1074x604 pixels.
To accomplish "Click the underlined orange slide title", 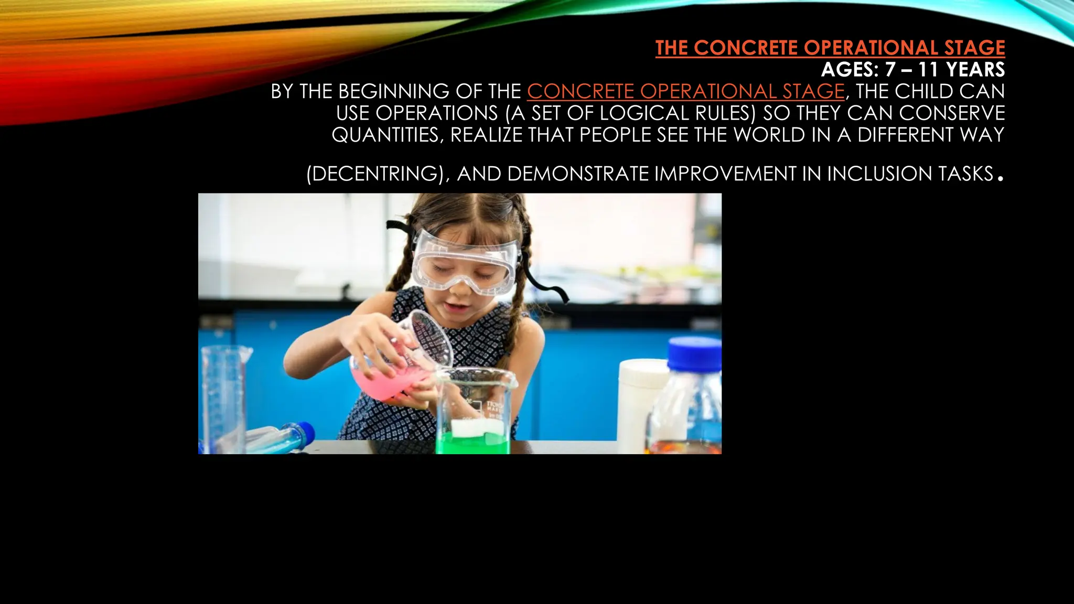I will tap(830, 48).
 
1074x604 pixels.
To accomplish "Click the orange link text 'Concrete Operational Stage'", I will tap(685, 92).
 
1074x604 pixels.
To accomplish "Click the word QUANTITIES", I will tap(388, 135).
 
